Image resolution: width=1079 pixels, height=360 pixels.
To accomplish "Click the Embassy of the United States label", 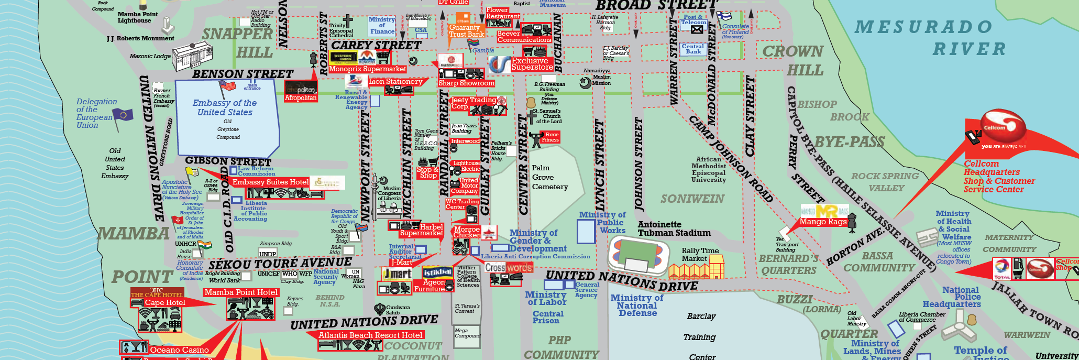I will [225, 107].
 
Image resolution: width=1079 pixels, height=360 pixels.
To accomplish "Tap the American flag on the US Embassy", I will [228, 85].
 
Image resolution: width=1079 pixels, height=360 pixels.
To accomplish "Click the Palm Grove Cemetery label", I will [549, 177].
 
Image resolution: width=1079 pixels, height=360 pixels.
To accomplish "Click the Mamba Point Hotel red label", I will [241, 292].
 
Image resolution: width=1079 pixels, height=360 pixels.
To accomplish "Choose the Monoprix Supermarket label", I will [367, 69].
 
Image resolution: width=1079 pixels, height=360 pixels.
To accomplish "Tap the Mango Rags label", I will [823, 222].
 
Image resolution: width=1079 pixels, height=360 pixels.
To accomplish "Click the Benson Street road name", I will [243, 74].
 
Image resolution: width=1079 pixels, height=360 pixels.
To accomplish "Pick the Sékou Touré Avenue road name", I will [280, 263].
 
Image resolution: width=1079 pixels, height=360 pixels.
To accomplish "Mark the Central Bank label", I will [693, 49].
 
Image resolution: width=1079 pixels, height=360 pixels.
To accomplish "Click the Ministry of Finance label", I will [382, 25].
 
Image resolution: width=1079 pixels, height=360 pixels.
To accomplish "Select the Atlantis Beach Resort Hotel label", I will [370, 335].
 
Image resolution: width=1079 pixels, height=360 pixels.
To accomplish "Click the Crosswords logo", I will [508, 268].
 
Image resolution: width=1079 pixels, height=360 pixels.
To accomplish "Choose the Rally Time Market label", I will [700, 254].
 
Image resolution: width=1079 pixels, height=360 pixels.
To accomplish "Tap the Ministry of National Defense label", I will [637, 305].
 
